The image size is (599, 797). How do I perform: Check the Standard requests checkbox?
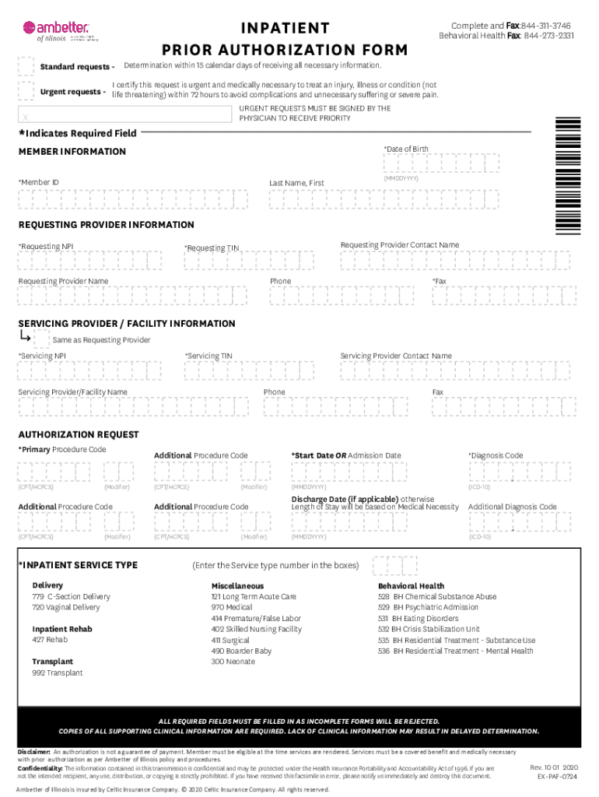pyautogui.click(x=26, y=65)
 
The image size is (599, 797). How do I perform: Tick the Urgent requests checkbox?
pyautogui.click(x=26, y=92)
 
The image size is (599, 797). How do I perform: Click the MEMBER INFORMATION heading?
pyautogui.click(x=72, y=151)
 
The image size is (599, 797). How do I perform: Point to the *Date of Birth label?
pyautogui.click(x=405, y=149)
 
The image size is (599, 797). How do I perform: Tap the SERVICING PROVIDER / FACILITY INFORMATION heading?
pyautogui.click(x=127, y=323)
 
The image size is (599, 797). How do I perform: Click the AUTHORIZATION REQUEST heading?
pyautogui.click(x=79, y=434)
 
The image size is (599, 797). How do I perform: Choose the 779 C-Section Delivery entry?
pyautogui.click(x=71, y=596)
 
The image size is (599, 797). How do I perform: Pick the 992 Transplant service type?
pyautogui.click(x=57, y=672)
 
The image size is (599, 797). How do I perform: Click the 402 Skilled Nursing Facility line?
pyautogui.click(x=256, y=629)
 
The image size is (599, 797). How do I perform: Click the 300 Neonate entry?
pyautogui.click(x=233, y=662)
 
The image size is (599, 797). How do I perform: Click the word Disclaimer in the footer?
pyautogui.click(x=34, y=753)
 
